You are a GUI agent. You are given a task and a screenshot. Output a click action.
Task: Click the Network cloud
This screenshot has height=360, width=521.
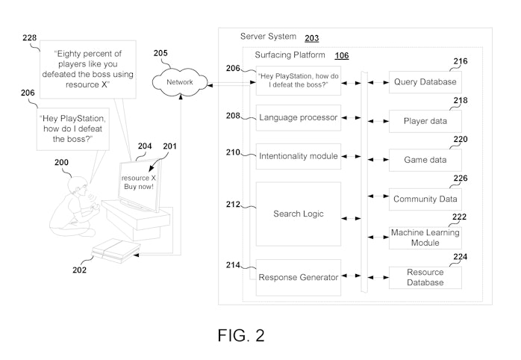(x=180, y=82)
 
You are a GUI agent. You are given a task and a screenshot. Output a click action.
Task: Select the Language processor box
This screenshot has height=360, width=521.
(x=299, y=118)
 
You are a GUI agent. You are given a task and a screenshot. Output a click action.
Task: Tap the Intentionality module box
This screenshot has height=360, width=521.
(x=299, y=156)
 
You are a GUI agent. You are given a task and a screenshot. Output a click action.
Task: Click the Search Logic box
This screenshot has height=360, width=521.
(x=299, y=214)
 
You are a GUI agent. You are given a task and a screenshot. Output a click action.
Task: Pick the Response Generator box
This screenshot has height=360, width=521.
(x=299, y=277)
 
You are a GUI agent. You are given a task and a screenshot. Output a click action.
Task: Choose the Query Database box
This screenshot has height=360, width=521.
(x=425, y=81)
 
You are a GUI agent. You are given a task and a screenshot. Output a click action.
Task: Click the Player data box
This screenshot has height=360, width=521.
(x=425, y=121)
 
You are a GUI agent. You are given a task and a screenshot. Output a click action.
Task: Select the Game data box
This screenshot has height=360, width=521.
(x=425, y=160)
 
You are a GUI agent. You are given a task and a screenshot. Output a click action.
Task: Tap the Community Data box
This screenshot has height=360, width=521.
(x=425, y=199)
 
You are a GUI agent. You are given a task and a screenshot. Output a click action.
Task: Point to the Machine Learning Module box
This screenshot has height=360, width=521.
(x=425, y=238)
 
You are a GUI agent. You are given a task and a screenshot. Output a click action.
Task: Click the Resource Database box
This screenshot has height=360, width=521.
(x=425, y=277)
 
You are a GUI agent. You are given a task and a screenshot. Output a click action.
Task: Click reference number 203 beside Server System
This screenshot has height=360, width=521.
(x=312, y=38)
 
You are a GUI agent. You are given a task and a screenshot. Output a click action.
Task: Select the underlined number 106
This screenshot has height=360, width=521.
(x=342, y=55)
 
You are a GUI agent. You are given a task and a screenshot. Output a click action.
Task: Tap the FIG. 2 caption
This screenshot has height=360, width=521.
(x=241, y=335)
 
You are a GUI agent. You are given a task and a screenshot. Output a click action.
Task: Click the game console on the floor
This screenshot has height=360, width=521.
(x=116, y=251)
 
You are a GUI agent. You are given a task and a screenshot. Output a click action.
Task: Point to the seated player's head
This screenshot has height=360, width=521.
(x=78, y=185)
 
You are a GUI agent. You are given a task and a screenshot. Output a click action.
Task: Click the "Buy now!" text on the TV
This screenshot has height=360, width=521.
(x=139, y=187)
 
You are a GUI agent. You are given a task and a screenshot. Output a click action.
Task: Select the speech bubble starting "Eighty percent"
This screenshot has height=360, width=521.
(x=88, y=69)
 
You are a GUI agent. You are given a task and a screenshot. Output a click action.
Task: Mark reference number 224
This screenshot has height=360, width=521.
(x=461, y=257)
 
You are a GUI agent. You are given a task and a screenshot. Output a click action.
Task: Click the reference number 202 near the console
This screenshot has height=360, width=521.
(x=79, y=270)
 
